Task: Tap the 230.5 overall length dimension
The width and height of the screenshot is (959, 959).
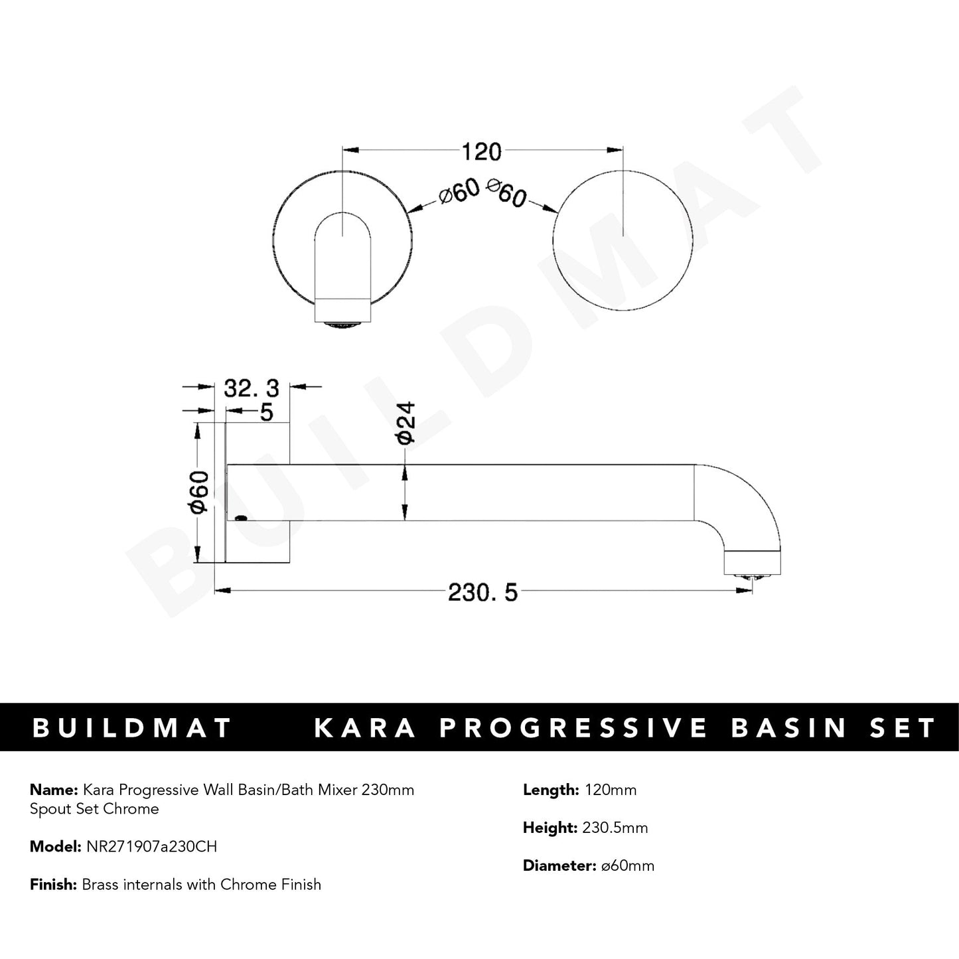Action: [482, 592]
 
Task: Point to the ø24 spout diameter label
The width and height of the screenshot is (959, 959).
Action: [405, 422]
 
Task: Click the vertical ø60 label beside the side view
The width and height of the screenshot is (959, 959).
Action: [199, 492]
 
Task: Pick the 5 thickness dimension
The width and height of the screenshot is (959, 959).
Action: [266, 412]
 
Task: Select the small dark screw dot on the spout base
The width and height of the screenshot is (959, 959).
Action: [241, 518]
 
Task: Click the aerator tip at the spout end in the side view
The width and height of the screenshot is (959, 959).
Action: [753, 577]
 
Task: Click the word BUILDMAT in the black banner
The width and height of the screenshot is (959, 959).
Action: [132, 728]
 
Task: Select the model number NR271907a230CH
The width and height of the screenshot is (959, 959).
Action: [151, 847]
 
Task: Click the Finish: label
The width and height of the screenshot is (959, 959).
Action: [53, 885]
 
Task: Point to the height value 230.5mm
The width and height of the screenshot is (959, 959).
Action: [615, 828]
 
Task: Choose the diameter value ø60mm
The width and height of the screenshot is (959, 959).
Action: [625, 865]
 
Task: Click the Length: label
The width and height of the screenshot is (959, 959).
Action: [550, 790]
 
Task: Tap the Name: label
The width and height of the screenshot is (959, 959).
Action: [54, 790]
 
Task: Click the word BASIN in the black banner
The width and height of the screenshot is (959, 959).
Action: [789, 728]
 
